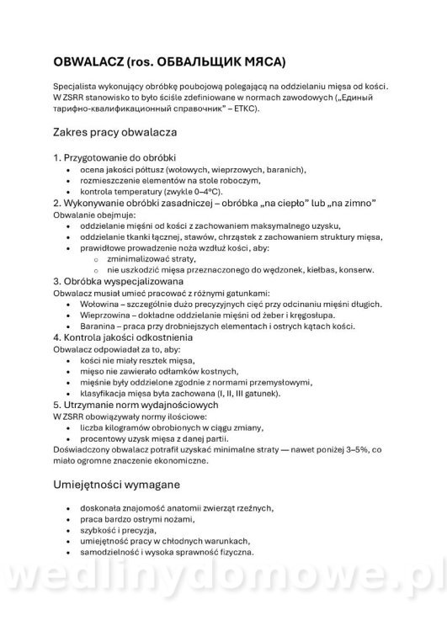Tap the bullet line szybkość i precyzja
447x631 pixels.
point(123,531)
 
